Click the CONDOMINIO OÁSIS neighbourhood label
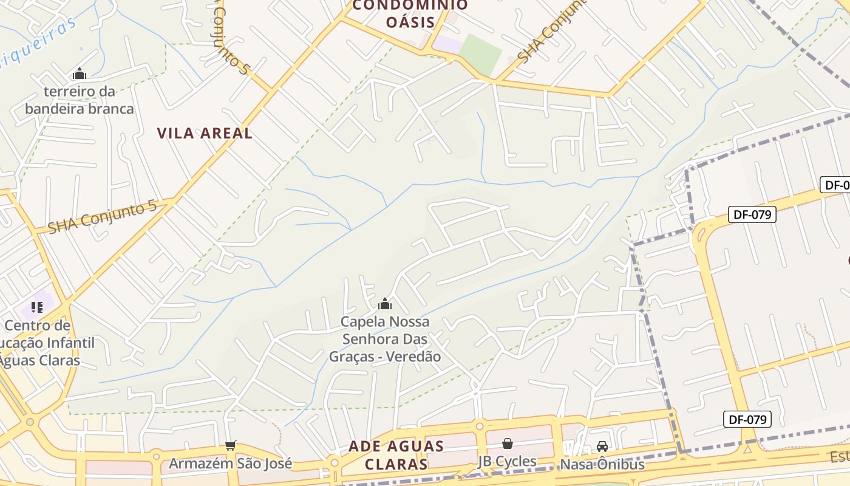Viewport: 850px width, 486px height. [x=410, y=13]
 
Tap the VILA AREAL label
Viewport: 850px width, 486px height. [x=205, y=133]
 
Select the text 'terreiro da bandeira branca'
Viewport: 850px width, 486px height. [x=79, y=100]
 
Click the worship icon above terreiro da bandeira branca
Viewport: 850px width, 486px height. [x=80, y=74]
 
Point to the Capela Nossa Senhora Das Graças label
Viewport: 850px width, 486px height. [x=385, y=330]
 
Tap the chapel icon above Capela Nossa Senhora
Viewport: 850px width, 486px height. [x=385, y=304]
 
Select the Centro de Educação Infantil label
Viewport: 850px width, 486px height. [x=42, y=343]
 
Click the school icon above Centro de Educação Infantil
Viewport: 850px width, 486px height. [x=37, y=307]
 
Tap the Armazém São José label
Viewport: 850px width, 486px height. [x=230, y=464]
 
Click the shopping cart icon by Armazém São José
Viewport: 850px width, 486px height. [x=230, y=447]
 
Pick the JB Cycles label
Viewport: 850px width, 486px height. [x=507, y=461]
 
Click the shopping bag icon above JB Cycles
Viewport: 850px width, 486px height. [x=507, y=444]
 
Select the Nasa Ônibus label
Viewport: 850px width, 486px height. [x=602, y=464]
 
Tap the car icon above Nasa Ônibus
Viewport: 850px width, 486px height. [x=602, y=447]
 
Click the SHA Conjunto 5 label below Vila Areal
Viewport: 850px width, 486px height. [x=102, y=217]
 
